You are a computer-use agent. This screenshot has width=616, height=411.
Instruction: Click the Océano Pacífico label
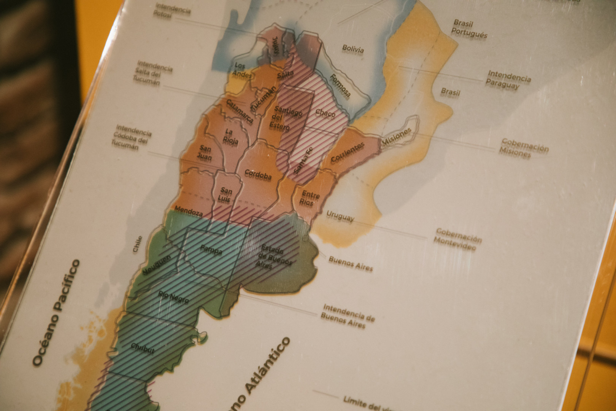coord(56,313)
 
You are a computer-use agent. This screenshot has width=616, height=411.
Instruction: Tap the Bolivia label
coord(353,48)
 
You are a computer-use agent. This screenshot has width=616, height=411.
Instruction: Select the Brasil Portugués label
coord(468,29)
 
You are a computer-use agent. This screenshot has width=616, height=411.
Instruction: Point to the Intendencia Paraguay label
coord(508,80)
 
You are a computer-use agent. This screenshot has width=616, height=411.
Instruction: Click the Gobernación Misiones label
coord(525,148)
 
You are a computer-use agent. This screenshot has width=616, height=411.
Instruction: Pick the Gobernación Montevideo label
coord(458,239)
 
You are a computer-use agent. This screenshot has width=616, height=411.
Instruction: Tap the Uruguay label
coord(340,216)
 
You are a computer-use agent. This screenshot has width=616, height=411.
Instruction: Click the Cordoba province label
coord(258,174)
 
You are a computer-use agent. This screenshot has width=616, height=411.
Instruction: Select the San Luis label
coord(225,194)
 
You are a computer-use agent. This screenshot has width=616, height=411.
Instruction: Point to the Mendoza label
coord(189,212)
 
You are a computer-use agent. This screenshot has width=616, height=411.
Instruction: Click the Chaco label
coord(325,113)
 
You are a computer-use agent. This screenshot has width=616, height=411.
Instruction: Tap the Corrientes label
coord(348,153)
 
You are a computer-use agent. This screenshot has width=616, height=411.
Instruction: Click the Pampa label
coord(211,250)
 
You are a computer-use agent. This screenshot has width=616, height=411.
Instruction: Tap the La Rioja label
coord(231,137)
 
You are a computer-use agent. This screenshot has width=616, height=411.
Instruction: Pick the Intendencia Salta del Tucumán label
coord(152,73)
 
